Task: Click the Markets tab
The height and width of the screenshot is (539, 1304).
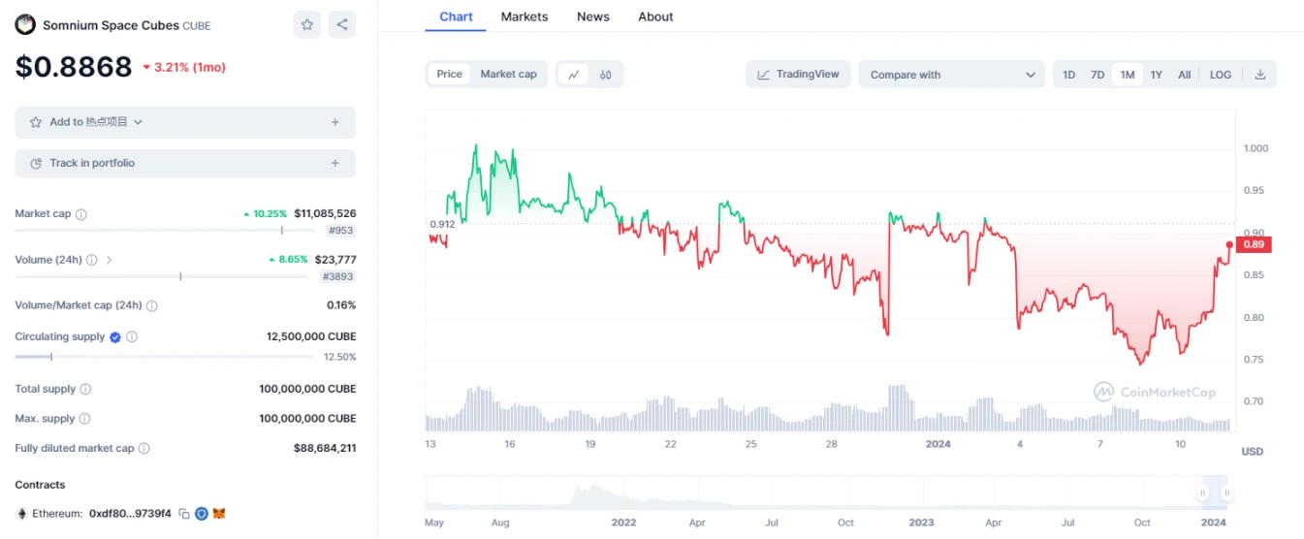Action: point(524,16)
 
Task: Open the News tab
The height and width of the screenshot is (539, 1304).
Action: point(592,16)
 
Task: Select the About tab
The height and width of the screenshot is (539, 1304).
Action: point(655,16)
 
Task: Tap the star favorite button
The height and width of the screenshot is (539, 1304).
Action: point(307,25)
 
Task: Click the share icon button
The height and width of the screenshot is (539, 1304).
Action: point(341,25)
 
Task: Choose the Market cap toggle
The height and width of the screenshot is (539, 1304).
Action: point(508,75)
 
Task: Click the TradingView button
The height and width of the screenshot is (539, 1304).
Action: point(798,75)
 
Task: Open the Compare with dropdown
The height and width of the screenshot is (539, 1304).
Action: point(951,75)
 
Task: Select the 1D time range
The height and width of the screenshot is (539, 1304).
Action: point(1068,75)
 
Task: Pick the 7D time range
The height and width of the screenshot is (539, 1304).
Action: point(1097,75)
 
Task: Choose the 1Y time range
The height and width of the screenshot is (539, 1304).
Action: point(1156,75)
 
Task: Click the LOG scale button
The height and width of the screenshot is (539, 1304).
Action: point(1220,75)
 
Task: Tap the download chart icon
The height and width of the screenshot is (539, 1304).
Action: point(1260,75)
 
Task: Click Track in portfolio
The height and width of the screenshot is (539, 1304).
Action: point(184,164)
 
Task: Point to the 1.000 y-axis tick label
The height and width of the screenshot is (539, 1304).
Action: point(1256,148)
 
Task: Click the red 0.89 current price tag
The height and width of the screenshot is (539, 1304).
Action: point(1254,244)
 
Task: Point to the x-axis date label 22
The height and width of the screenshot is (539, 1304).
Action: point(670,444)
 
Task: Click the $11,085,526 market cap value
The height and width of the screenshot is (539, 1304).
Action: point(325,213)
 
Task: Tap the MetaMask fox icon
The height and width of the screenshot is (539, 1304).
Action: point(219,514)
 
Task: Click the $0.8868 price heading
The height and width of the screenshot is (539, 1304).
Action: point(74,67)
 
